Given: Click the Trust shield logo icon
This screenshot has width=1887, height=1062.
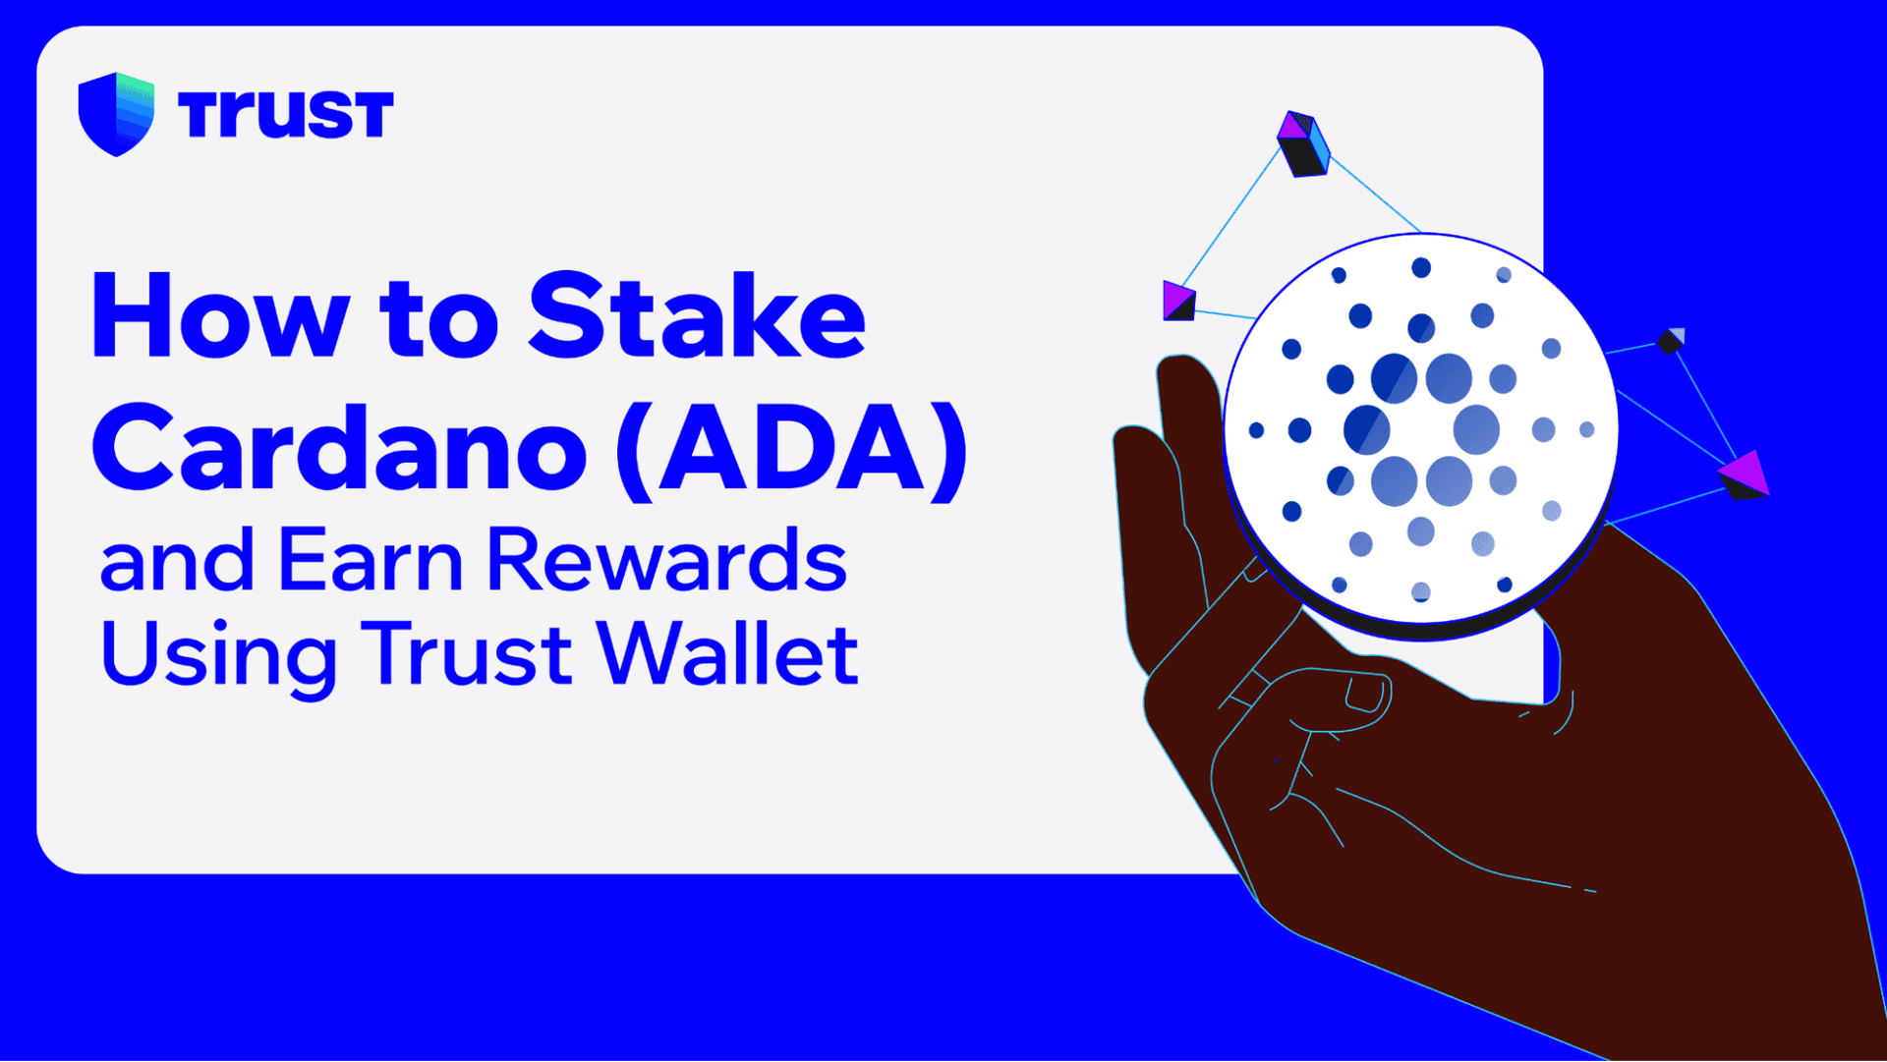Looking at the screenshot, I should pos(116,114).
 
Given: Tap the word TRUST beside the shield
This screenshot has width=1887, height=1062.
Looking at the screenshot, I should pos(286,114).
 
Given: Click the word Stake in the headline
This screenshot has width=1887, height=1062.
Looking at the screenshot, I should pos(697,316).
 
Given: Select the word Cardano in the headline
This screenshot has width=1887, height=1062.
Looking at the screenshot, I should pos(339,448).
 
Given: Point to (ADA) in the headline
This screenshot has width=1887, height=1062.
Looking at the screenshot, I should pos(792,448).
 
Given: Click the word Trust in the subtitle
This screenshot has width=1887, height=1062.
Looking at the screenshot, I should pos(467,653).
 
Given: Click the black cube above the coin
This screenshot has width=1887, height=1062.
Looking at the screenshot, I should pos(1303,144).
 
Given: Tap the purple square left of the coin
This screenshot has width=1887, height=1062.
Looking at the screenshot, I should pos(1178,301).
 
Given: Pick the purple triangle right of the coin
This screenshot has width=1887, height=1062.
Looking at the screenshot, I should pos(1744,475).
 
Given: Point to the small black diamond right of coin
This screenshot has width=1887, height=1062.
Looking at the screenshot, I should pos(1671,341).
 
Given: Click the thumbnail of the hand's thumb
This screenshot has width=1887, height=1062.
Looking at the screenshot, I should pos(1366,693).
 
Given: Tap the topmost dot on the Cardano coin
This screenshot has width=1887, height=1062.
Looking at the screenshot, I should pos(1421,267).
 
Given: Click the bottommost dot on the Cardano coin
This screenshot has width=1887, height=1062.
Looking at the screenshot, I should pos(1421,591).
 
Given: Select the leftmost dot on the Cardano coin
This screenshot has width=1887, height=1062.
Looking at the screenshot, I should pos(1256,430).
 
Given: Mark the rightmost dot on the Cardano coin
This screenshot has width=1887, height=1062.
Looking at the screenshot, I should pos(1586,429).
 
